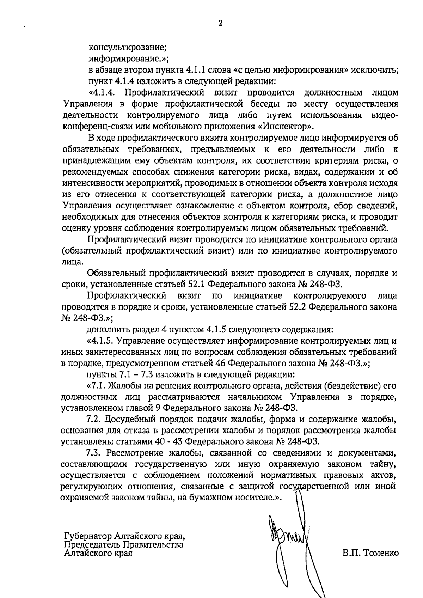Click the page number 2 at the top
[221, 24]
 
